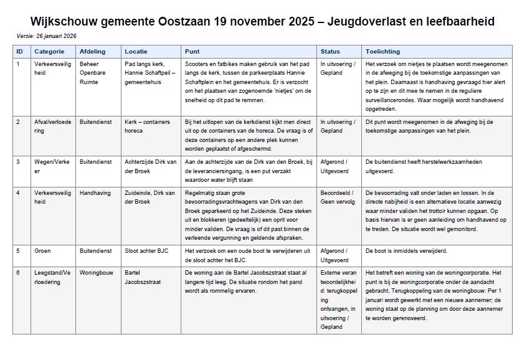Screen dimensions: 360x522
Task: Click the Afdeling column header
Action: point(92,51)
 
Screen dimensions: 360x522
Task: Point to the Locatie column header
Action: point(136,51)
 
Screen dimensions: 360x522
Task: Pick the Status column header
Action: point(330,51)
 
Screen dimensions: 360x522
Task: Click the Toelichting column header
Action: point(383,51)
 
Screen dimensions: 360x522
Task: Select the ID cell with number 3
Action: point(18,161)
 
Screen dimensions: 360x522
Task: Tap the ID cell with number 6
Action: point(18,273)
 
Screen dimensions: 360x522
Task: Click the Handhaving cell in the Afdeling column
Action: point(95,193)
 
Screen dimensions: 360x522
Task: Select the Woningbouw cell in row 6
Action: point(96,273)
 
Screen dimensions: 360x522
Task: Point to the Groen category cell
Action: point(43,251)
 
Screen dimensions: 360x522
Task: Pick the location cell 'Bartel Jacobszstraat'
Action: point(143,277)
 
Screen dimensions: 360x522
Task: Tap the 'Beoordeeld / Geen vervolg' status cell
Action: point(338,197)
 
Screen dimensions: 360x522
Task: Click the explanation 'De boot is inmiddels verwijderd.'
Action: point(406,251)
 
